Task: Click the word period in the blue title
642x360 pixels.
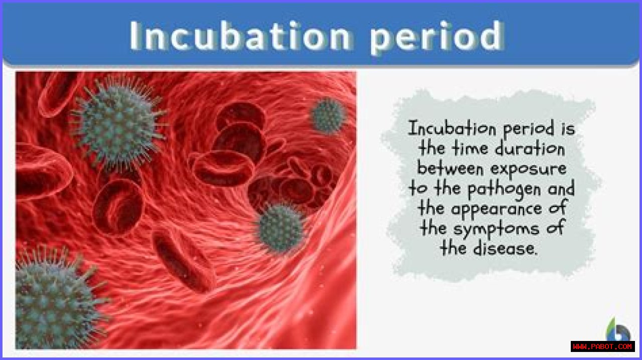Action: [x=437, y=38]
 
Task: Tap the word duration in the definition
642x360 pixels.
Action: [x=530, y=149]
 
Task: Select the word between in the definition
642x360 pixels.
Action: [x=450, y=168]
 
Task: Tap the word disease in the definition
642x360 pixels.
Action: [x=505, y=248]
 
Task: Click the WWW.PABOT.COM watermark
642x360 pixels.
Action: [x=603, y=346]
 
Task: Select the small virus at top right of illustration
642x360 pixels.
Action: [x=329, y=115]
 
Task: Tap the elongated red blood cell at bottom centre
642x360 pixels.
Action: [x=184, y=261]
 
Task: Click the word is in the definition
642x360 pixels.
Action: [x=568, y=129]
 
